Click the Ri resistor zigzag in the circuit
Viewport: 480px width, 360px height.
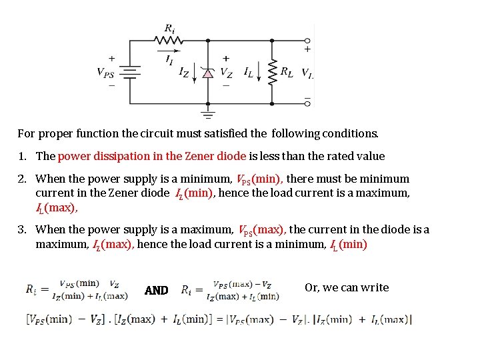point(169,41)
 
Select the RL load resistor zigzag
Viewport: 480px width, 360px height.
point(272,73)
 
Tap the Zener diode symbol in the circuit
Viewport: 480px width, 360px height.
point(208,73)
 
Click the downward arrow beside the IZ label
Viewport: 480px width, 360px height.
point(195,73)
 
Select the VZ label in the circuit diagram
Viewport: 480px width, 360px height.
point(227,72)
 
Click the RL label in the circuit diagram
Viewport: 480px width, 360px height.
point(287,71)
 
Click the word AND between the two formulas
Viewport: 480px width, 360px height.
point(157,290)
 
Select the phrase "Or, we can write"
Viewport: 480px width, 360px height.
point(347,287)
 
